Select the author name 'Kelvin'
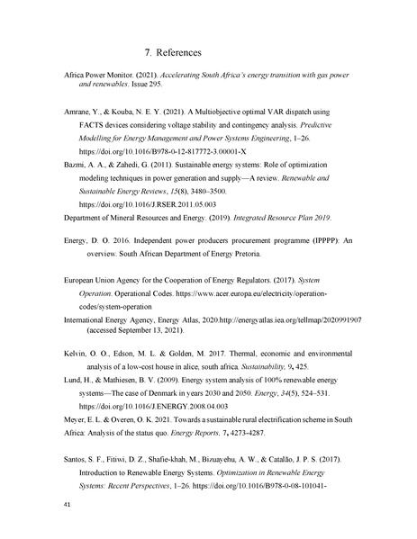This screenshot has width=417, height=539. pyautogui.click(x=77, y=354)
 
